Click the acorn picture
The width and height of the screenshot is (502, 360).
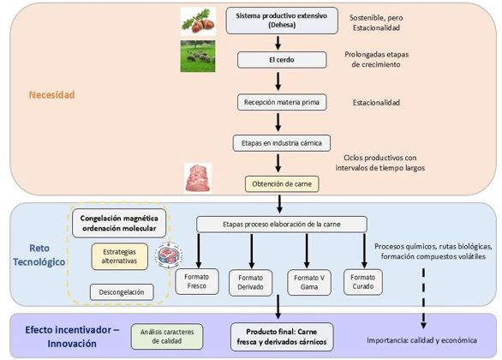tap(198, 21)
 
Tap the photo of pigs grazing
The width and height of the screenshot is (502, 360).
tap(198, 56)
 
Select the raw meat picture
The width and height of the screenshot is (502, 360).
tap(198, 178)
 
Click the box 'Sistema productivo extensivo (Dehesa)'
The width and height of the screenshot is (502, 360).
tap(282, 21)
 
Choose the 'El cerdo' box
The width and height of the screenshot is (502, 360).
tap(282, 60)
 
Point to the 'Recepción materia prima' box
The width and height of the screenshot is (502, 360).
tap(282, 102)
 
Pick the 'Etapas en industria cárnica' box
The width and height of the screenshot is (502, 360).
tap(282, 143)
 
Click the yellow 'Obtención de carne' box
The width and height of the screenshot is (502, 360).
tap(282, 184)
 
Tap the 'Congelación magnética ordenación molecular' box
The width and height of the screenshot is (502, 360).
tap(119, 223)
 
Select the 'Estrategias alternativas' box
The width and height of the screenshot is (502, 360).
tap(119, 256)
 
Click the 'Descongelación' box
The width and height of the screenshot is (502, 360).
tap(122, 292)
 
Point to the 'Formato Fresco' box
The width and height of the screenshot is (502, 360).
tap(197, 281)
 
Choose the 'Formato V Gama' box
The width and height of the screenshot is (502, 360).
tap(309, 282)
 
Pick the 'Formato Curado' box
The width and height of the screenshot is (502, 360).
tap(363, 282)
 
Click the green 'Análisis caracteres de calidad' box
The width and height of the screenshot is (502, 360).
tap(167, 337)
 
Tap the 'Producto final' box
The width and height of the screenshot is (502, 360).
tap(282, 337)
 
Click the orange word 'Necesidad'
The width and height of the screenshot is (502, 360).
tap(52, 95)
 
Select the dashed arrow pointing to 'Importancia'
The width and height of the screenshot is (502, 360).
tap(423, 298)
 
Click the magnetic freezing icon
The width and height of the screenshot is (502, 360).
tap(169, 255)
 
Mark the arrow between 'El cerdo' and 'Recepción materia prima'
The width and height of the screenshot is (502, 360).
tap(278, 81)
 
